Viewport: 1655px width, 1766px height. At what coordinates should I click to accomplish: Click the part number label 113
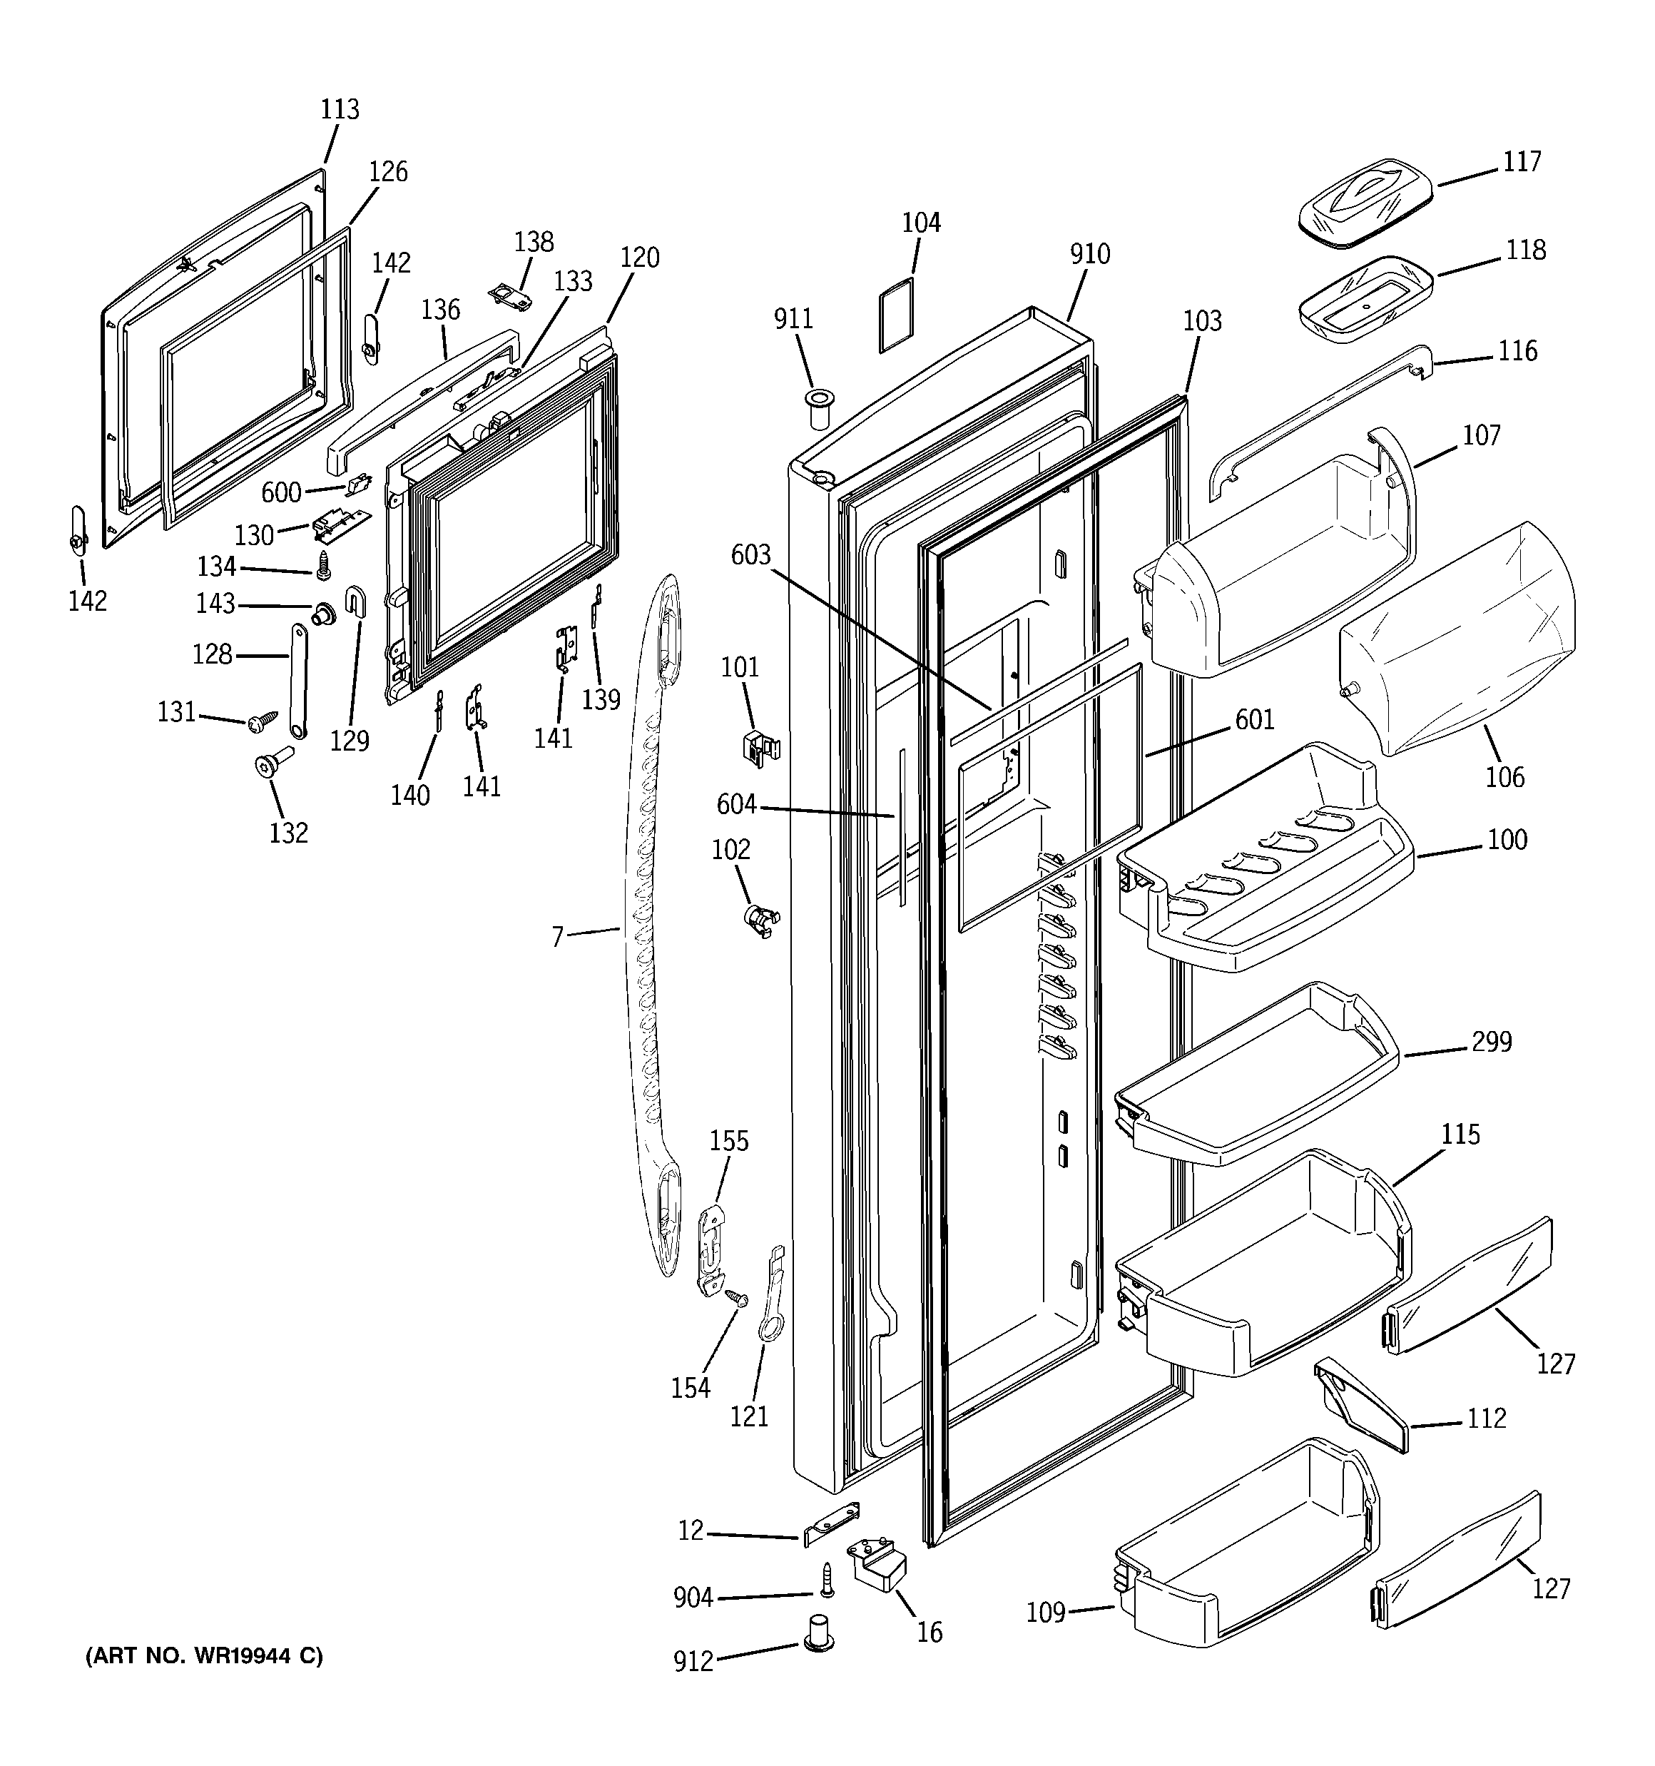[340, 109]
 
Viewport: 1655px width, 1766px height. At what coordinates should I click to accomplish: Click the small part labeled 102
[760, 920]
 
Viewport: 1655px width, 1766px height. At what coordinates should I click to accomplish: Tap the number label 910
[1089, 254]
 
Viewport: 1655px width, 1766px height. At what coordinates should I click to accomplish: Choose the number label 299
[1491, 1042]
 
